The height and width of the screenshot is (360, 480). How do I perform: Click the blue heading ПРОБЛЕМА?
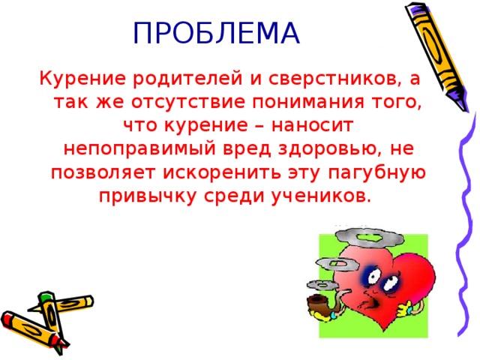[217, 33]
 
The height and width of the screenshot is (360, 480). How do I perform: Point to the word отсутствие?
[188, 102]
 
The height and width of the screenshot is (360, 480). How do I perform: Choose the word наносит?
[312, 125]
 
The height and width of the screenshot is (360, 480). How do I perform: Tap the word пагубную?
[377, 173]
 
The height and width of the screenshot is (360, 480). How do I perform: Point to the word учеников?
[318, 196]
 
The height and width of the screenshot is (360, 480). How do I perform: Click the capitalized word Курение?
[82, 79]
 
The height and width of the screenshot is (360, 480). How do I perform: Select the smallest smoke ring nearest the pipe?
[322, 285]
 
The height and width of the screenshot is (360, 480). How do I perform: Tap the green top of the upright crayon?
[45, 295]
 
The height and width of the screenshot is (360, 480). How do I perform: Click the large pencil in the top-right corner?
[436, 55]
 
